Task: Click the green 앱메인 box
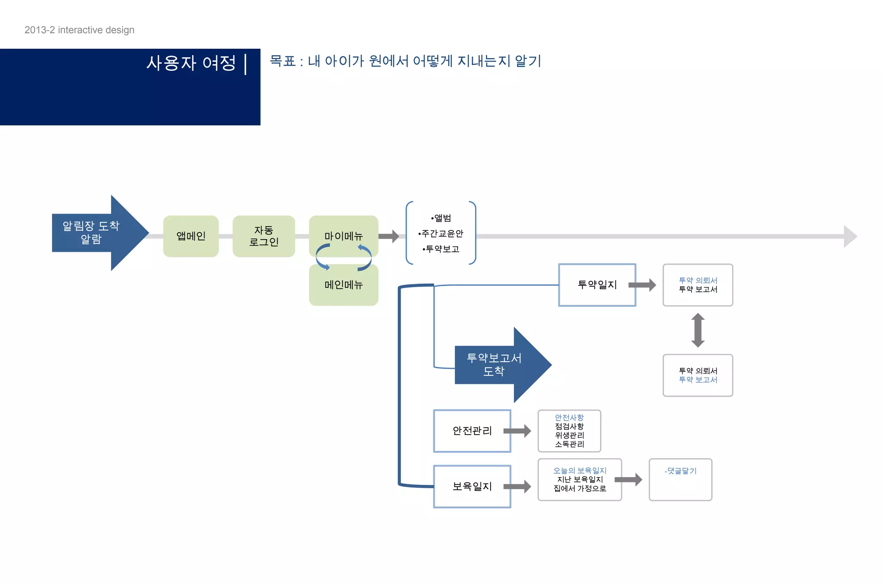coord(191,236)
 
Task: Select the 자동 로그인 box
coord(264,236)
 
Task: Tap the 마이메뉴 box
coord(343,233)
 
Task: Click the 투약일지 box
coord(597,285)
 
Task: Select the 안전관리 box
coord(472,431)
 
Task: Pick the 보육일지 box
coord(472,486)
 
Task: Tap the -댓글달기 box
coord(680,479)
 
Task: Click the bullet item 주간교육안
coord(441,234)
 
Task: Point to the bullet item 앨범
coord(441,218)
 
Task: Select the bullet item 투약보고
coord(441,249)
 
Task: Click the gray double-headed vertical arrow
coord(698,330)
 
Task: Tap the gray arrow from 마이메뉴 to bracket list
coord(389,236)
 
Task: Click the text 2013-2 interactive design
coord(79,30)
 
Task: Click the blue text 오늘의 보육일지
coord(580,471)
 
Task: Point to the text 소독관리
coord(569,444)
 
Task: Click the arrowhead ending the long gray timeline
coord(850,236)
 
